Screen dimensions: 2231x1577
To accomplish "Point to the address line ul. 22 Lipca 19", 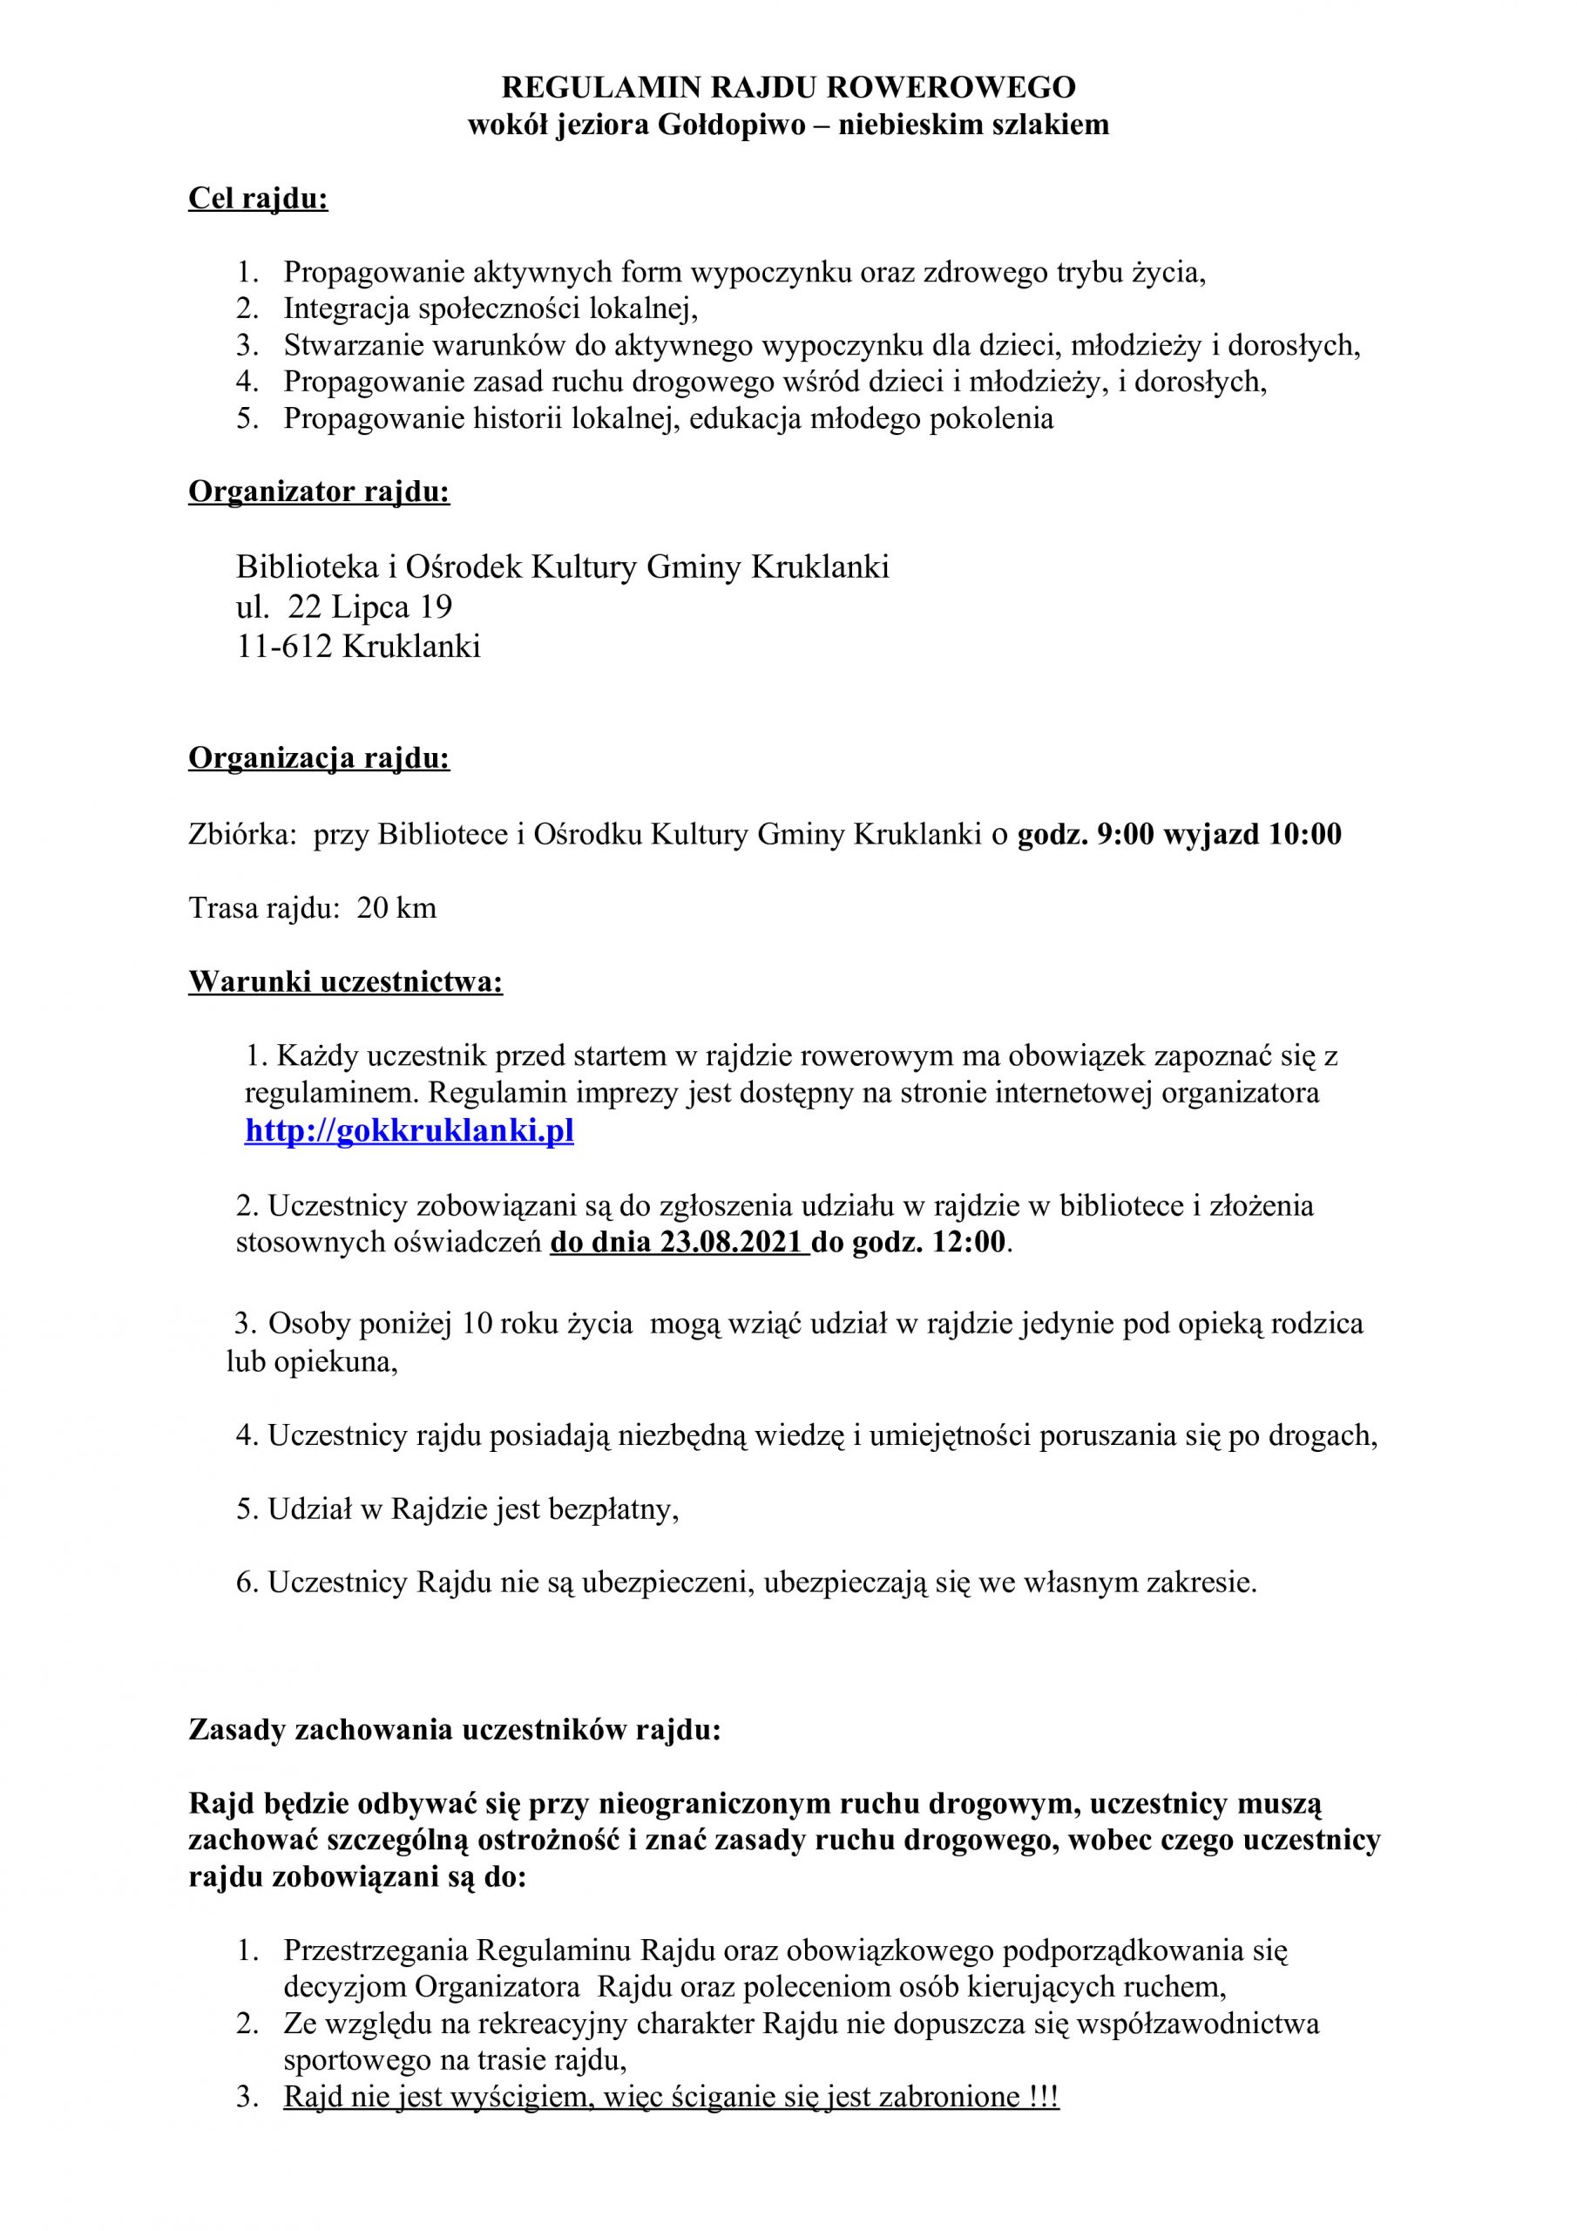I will coord(344,607).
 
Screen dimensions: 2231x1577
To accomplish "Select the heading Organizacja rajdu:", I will coord(319,758).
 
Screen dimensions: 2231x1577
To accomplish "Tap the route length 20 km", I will coord(396,909).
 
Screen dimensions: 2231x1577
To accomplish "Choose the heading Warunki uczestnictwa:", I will coord(345,982).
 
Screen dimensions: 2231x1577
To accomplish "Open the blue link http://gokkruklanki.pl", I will coord(409,1132).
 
